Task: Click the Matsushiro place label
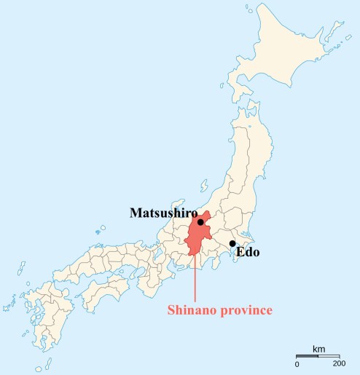tap(164, 213)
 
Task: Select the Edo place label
tap(246, 253)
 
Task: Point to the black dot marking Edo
tap(232, 244)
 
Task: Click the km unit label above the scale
tap(318, 349)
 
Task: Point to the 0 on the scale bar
tap(297, 363)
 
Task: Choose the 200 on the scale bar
tap(339, 363)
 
